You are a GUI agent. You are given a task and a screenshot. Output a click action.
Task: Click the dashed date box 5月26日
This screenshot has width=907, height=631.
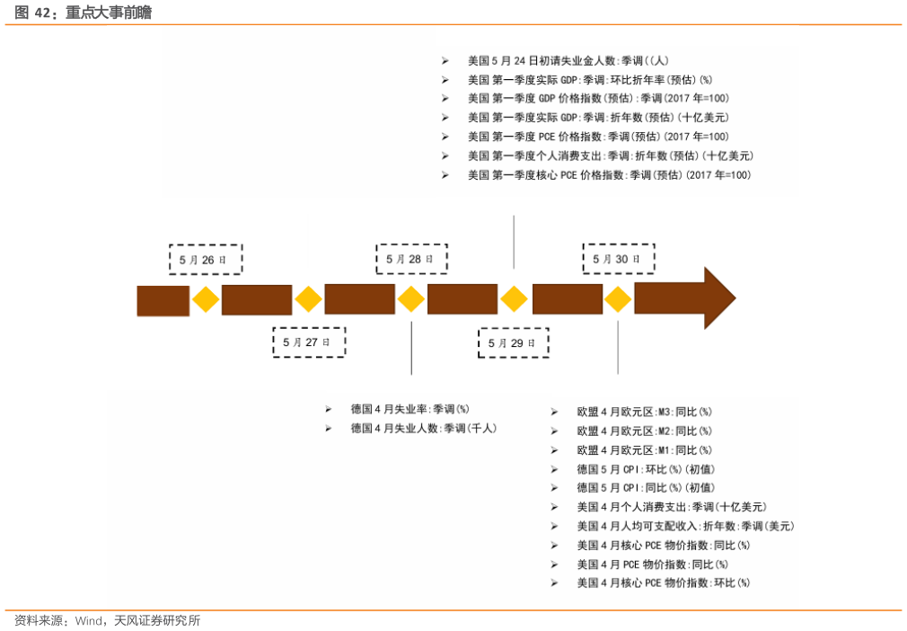coord(205,259)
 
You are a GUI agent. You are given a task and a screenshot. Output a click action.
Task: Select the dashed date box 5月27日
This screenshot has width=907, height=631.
coord(308,342)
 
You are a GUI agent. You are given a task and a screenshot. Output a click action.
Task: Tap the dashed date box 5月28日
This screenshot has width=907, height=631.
coord(411,259)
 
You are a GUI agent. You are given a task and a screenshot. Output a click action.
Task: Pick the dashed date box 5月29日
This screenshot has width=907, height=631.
coord(513,342)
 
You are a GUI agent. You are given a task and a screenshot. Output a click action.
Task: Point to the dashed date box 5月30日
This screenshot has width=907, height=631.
coord(618,259)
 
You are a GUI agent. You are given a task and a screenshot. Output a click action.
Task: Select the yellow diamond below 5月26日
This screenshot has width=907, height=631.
coord(206,299)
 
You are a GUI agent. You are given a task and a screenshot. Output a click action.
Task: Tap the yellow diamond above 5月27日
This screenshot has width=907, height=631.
coord(308,299)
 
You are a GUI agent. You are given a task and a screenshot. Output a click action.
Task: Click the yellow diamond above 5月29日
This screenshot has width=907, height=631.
coord(514,299)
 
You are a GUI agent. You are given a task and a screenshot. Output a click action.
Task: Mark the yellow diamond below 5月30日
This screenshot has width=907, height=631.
coord(618,299)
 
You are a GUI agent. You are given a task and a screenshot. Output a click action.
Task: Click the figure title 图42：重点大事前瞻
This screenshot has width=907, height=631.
coord(83,13)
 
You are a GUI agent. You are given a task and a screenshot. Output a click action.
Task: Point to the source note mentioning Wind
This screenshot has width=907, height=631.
coord(107,621)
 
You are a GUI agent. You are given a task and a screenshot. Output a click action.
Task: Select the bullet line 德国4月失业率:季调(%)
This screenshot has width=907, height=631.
coord(409,409)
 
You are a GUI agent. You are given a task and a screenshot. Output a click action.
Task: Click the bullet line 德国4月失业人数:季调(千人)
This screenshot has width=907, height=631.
coord(423,429)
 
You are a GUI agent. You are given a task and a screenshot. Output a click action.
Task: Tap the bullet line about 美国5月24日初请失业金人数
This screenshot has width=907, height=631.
coord(568,61)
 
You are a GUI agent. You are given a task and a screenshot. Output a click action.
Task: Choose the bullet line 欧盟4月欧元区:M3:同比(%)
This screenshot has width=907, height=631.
coord(644,412)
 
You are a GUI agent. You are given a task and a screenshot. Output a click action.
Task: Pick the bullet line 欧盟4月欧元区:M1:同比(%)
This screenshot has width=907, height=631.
coord(644,449)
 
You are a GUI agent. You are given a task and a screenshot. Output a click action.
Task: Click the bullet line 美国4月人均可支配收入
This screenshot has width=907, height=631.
coord(685,526)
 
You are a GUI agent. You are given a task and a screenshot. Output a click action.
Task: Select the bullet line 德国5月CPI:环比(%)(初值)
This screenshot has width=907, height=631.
coord(646,469)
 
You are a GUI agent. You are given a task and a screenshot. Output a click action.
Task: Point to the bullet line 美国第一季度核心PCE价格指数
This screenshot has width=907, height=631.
coord(609,175)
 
